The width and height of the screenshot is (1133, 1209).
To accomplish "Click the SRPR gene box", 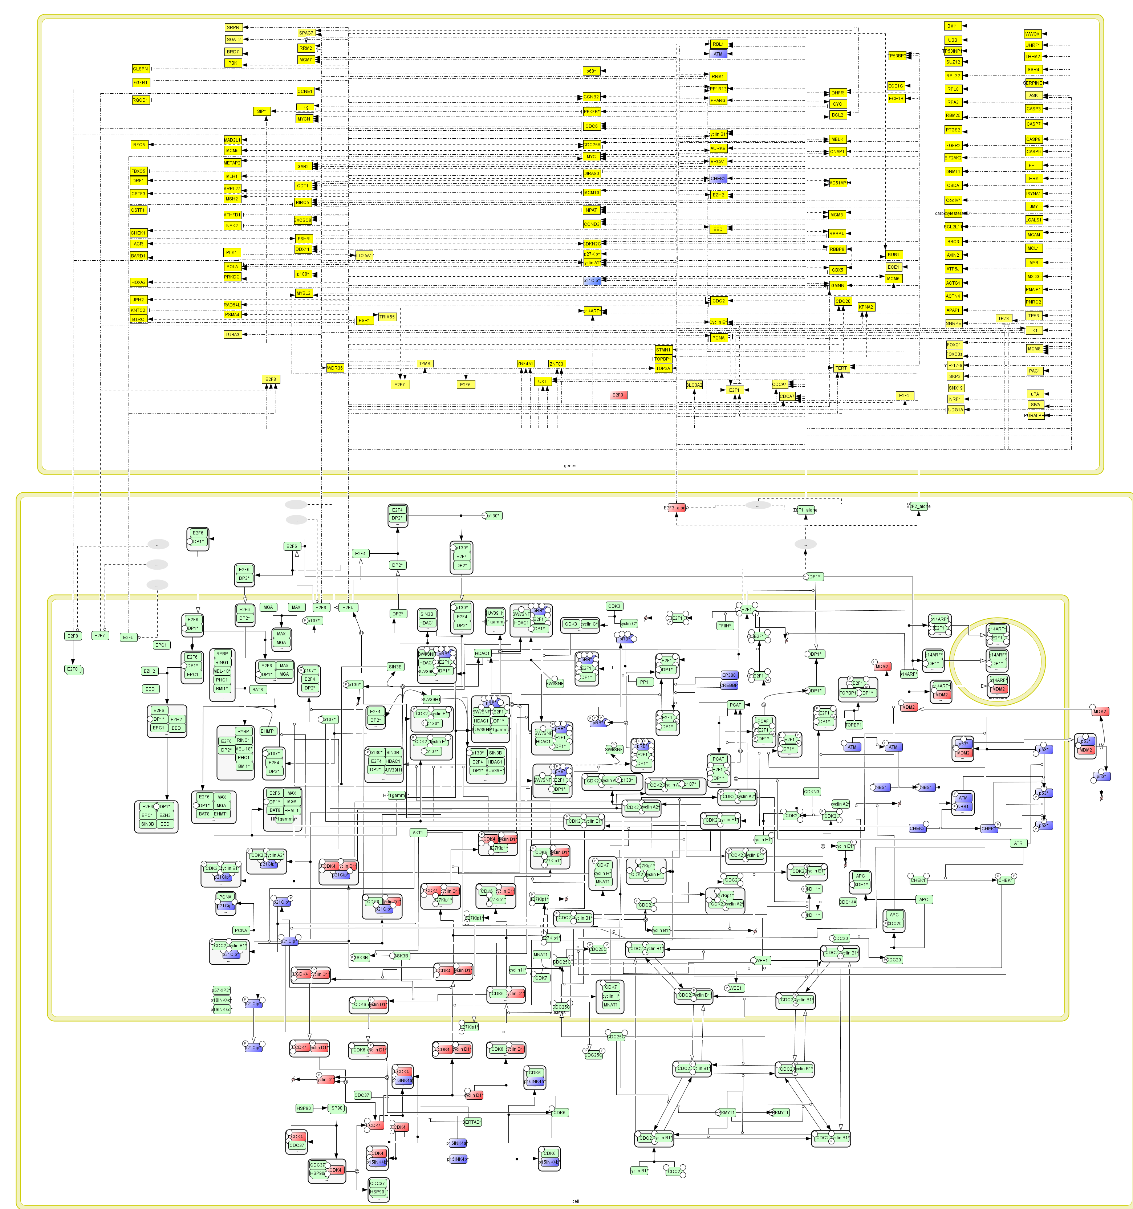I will click(x=233, y=27).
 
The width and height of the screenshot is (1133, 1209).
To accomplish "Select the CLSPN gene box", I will click(x=141, y=69).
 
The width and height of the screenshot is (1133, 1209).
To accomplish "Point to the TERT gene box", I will click(x=841, y=368).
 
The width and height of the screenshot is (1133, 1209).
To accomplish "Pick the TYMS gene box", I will click(x=425, y=364).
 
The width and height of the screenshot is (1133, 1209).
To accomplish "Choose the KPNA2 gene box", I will click(x=866, y=307).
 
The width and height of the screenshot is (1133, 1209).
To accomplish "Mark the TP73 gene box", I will click(x=1003, y=319).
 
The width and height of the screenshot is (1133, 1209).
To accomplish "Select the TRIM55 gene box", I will click(x=387, y=317).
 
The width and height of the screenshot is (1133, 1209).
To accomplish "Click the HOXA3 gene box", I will click(x=139, y=282).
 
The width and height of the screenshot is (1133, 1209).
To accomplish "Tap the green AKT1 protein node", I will click(x=418, y=833).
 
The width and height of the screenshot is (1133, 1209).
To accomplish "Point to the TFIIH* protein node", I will click(x=725, y=625).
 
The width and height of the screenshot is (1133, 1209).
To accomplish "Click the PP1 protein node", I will click(x=644, y=682).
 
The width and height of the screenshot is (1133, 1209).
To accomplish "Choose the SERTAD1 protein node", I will click(x=472, y=1122).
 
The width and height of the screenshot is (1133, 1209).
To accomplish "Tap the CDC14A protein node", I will click(x=848, y=902).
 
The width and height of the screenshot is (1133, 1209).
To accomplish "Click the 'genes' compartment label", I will click(x=570, y=466).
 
